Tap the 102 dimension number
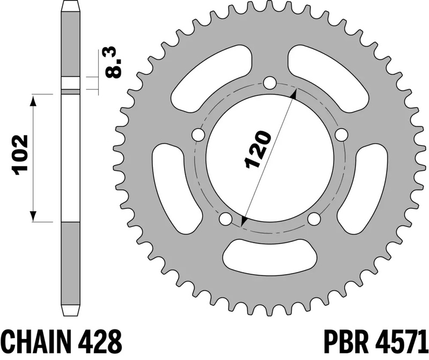(20, 156)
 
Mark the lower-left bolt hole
(225, 219)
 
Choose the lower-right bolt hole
(314, 219)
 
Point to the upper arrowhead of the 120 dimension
(293, 93)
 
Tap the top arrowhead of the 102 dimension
(34, 100)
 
